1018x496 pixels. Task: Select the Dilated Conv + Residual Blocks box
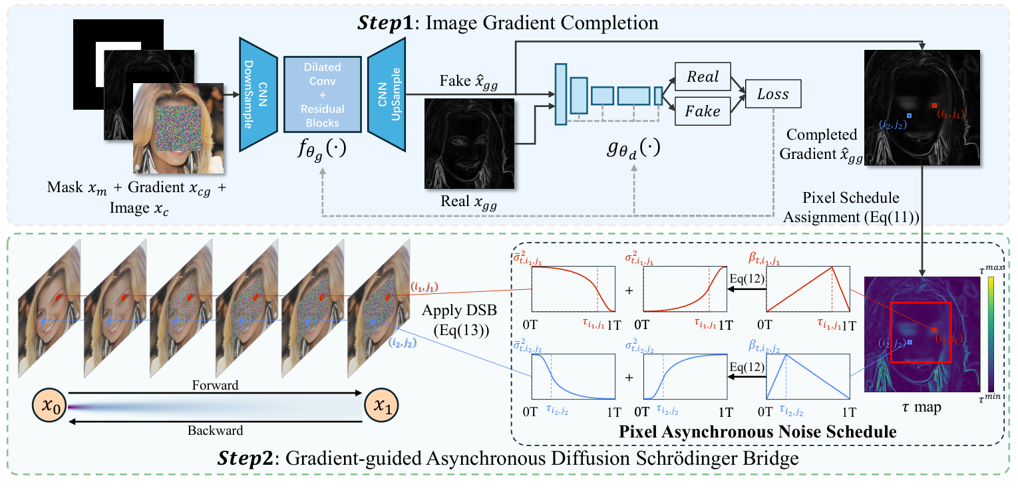coord(322,95)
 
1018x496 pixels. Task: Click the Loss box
coord(774,95)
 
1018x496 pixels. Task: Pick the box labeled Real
coord(703,77)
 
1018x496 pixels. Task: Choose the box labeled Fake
coord(703,111)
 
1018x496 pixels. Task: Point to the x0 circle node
coord(50,406)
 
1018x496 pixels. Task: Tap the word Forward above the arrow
coord(216,384)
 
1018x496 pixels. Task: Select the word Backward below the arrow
coord(216,429)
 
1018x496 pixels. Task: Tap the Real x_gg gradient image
coord(470,143)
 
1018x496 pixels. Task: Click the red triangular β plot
coord(808,289)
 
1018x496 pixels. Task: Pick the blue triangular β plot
coord(808,376)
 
